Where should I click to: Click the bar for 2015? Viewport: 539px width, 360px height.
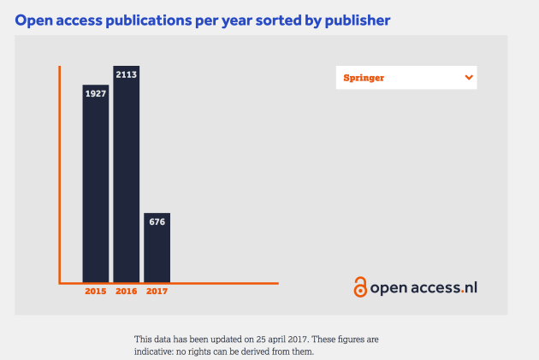tap(95, 188)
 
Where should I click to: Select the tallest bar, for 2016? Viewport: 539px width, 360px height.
tap(126, 180)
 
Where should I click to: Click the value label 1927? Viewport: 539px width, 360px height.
tap(95, 92)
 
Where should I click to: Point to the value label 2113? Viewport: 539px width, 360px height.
tap(126, 74)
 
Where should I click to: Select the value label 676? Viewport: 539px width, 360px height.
tap(157, 221)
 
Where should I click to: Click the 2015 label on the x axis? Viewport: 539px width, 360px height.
tap(95, 292)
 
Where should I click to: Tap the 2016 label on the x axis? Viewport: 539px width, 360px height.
tap(126, 292)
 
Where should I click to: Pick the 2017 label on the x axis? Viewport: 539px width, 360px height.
tap(157, 292)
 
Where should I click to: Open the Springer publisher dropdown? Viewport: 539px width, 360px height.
tap(406, 77)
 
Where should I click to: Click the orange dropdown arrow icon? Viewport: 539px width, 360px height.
tap(468, 77)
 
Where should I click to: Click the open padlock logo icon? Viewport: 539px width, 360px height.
tap(360, 287)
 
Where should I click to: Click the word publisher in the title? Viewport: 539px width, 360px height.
tap(352, 18)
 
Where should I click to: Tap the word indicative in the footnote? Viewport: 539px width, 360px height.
tap(157, 351)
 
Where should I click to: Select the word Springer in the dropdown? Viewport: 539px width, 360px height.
tap(364, 78)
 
